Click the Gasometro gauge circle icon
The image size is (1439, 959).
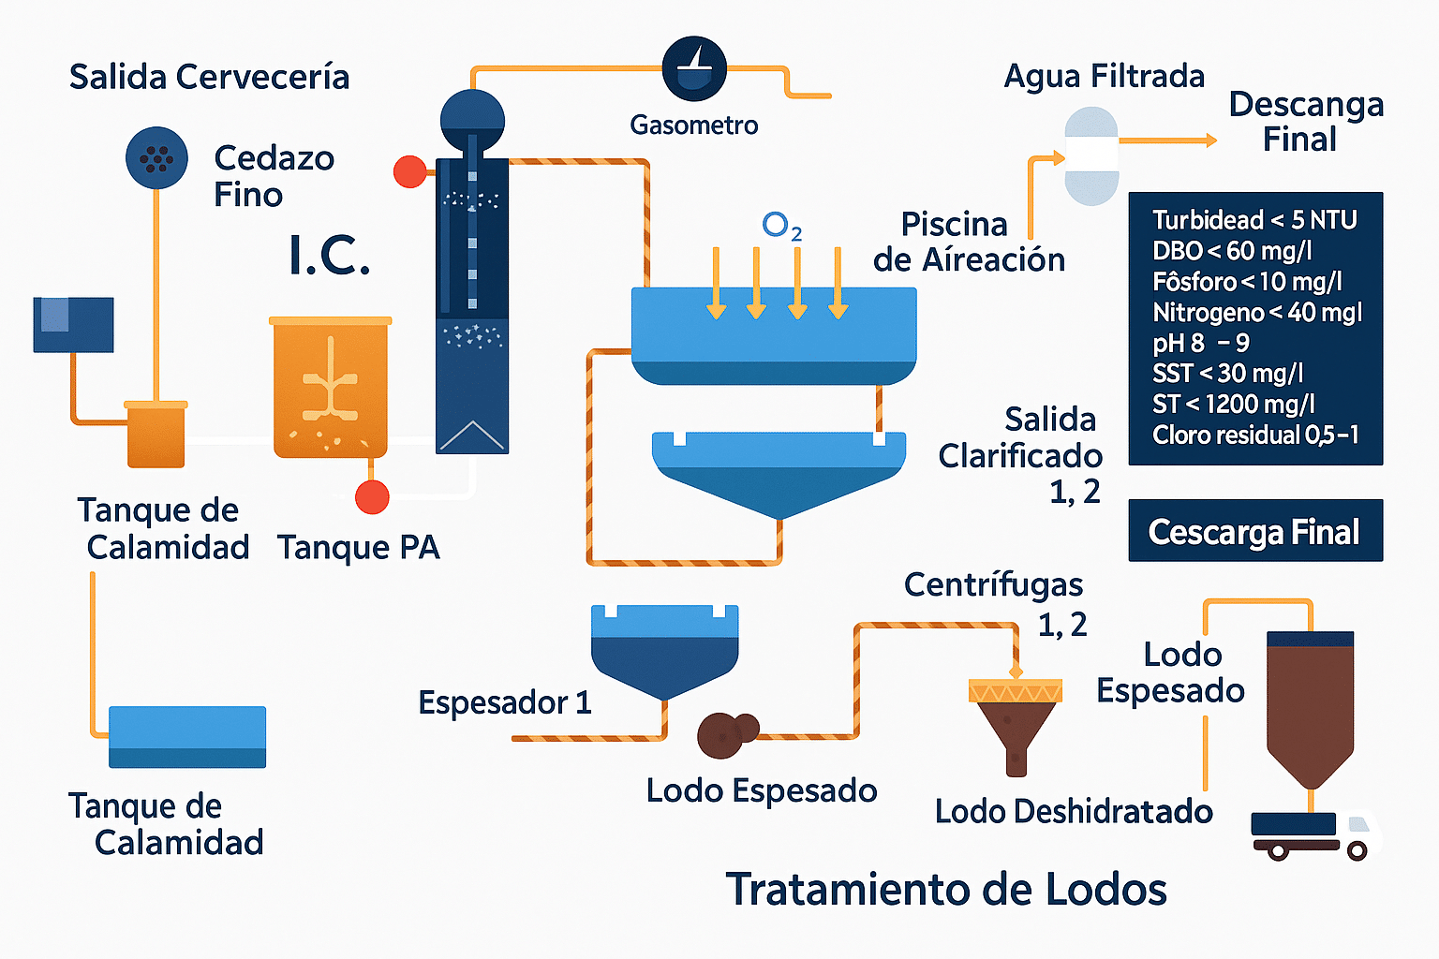(x=694, y=69)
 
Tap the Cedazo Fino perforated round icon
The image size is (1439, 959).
(x=156, y=157)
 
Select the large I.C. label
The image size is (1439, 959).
(x=330, y=255)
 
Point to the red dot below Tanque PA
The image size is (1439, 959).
(x=372, y=497)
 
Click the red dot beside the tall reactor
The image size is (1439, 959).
(x=409, y=171)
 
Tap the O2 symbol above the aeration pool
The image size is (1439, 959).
(x=781, y=226)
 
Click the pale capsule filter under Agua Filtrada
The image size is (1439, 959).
(x=1091, y=155)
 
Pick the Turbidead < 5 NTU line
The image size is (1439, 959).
(x=1254, y=220)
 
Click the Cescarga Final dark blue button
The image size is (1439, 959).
(x=1254, y=531)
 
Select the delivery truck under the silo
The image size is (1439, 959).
(x=1313, y=834)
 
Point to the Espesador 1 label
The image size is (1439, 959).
(x=504, y=702)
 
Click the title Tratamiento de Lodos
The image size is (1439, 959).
(x=946, y=889)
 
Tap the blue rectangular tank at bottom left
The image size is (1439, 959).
(x=187, y=736)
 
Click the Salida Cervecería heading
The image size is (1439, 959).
(x=209, y=77)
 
